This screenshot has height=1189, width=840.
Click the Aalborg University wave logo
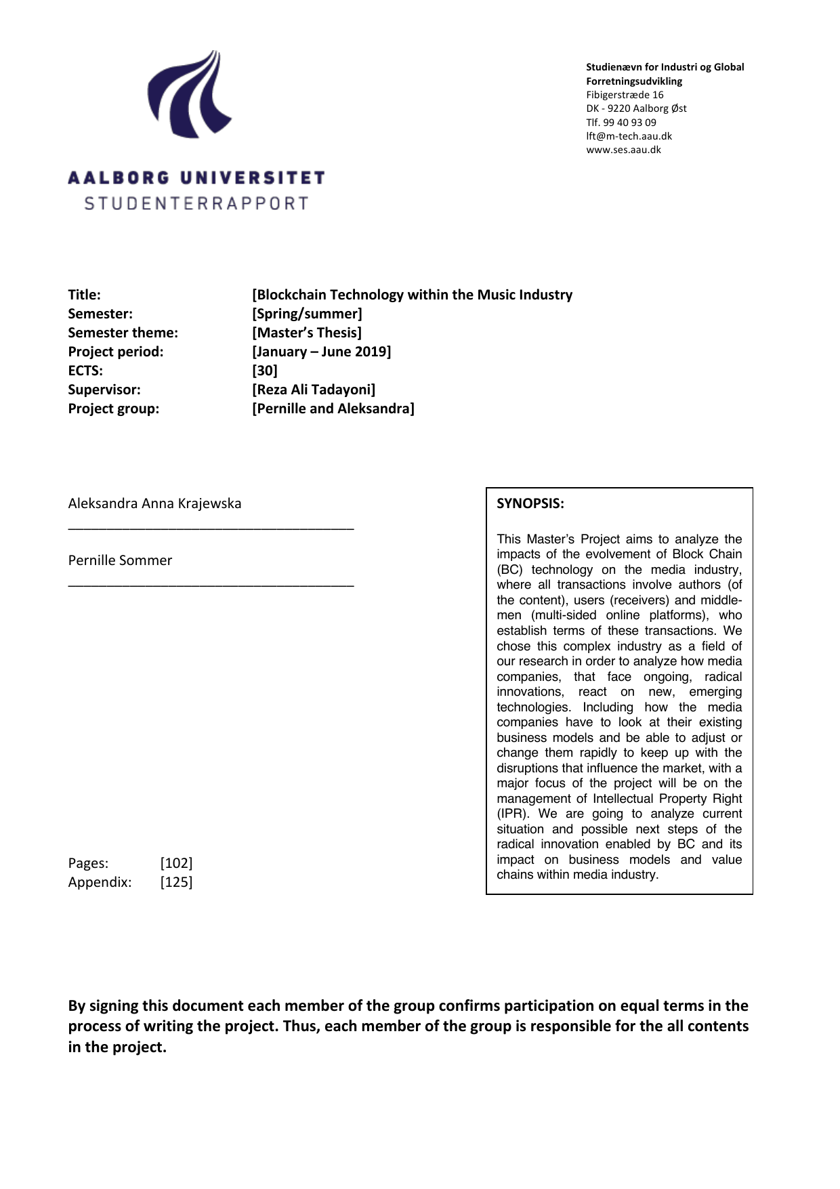click(190, 95)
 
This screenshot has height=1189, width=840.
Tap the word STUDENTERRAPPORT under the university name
click(196, 203)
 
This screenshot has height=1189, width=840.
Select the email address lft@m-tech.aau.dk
click(629, 135)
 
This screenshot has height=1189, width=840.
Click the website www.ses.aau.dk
click(623, 150)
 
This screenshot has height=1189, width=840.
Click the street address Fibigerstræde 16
click(625, 95)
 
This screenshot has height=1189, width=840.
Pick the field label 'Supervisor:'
click(104, 390)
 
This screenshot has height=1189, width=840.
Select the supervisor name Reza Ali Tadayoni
click(314, 390)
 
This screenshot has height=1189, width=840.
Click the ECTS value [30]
click(265, 371)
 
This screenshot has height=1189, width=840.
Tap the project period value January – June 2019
click(322, 352)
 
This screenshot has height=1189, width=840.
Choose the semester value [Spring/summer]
click(307, 314)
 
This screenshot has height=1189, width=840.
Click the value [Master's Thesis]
click(307, 333)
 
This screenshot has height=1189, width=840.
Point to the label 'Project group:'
click(114, 409)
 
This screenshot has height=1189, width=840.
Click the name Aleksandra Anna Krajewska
click(154, 503)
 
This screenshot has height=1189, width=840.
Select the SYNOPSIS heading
click(530, 503)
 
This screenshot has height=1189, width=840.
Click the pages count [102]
click(176, 863)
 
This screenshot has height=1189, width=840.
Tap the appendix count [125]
click(176, 882)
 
